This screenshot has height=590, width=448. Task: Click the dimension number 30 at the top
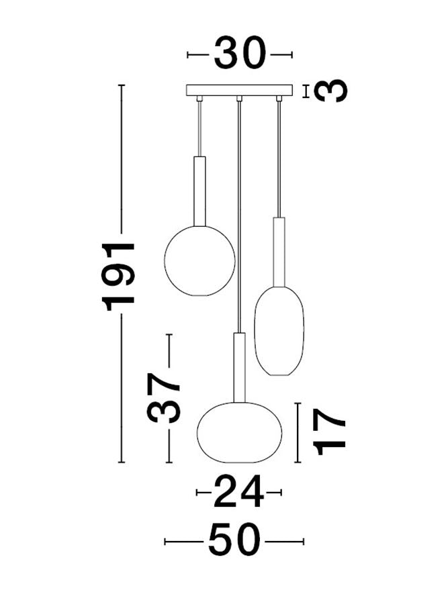[240, 53]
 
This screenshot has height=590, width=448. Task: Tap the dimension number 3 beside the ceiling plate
[330, 91]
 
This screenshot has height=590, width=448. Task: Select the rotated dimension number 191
[118, 274]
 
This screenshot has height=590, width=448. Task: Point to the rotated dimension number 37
[163, 398]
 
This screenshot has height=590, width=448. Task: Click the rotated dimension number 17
[329, 432]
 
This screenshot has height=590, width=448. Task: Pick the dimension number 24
[238, 491]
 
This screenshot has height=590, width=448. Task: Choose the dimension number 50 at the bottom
[234, 542]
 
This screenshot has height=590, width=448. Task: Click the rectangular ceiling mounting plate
[239, 90]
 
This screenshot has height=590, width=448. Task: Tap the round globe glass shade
[199, 260]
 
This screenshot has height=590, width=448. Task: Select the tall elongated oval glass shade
[279, 331]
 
